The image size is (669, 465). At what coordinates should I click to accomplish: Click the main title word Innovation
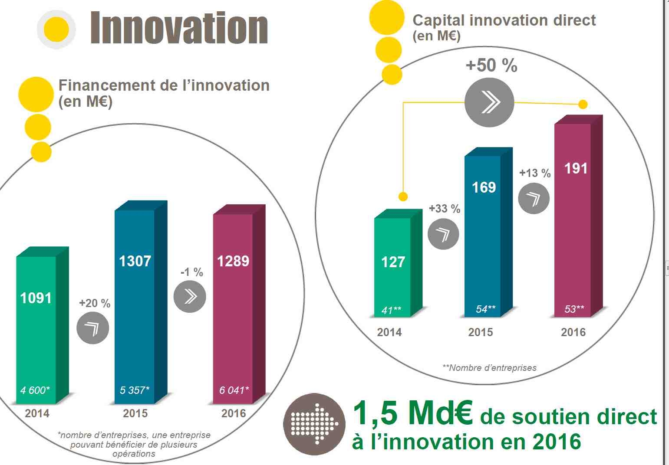click(x=178, y=29)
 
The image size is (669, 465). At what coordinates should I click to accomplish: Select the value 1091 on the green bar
click(x=36, y=298)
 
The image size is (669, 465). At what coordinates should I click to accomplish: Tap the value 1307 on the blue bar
click(x=135, y=261)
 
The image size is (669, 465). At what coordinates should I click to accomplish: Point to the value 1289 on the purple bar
click(x=233, y=261)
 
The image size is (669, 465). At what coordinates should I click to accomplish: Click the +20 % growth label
click(x=95, y=303)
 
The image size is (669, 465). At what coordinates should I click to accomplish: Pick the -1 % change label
click(x=191, y=272)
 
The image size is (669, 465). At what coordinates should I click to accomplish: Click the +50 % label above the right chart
click(x=491, y=65)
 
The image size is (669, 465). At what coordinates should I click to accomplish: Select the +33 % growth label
click(x=445, y=209)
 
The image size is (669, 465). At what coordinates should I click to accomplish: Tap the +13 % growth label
click(x=535, y=173)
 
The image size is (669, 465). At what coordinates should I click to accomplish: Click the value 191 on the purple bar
click(x=576, y=168)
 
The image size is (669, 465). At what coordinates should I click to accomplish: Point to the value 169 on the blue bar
click(x=484, y=187)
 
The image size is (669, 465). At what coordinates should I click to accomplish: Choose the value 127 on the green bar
click(x=393, y=262)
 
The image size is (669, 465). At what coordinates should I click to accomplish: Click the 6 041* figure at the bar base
click(x=234, y=390)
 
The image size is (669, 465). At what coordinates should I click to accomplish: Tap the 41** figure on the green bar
click(x=391, y=310)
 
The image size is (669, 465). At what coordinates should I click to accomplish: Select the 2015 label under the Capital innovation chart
click(x=480, y=332)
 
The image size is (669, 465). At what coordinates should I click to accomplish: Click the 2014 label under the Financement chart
click(x=37, y=413)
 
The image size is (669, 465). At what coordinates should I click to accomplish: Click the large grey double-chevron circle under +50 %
click(x=489, y=103)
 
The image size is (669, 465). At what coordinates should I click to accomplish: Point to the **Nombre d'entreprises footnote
click(x=489, y=368)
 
